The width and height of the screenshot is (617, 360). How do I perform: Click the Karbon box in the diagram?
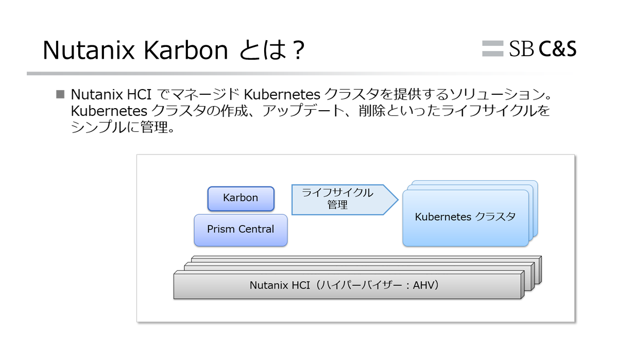241,199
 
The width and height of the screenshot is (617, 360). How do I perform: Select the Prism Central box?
241,230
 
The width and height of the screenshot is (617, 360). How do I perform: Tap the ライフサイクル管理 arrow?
345,199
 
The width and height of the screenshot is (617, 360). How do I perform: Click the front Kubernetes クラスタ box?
466,218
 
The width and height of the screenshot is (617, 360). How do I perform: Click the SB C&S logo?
529,49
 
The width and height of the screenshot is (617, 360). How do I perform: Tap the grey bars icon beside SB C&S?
493,48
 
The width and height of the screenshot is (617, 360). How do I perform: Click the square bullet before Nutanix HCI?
60,94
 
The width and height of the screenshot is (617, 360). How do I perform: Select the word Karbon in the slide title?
185,50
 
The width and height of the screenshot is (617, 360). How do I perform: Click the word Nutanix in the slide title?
89,50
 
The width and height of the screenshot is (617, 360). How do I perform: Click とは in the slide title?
263,50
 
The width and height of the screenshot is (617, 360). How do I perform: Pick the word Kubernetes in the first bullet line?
282,94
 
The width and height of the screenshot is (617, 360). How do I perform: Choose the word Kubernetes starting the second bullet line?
109,111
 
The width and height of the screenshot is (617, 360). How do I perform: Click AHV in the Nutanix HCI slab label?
423,285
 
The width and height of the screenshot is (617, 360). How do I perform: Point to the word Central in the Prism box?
256,229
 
